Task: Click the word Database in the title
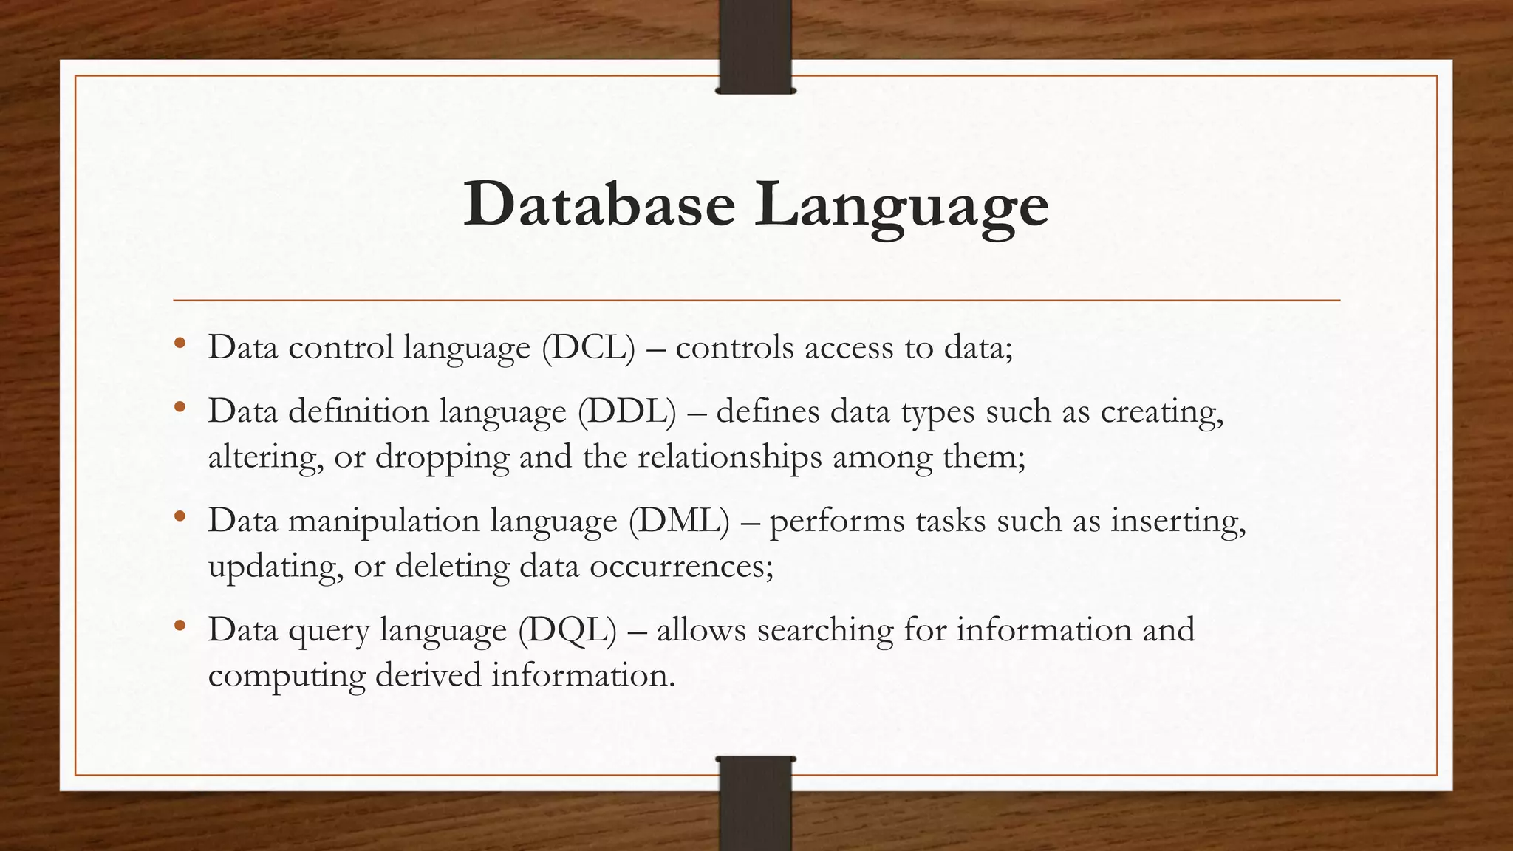pyautogui.click(x=599, y=205)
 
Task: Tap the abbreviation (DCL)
pyautogui.click(x=588, y=347)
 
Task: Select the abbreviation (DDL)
pyautogui.click(x=626, y=411)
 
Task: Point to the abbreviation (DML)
pyautogui.click(x=679, y=520)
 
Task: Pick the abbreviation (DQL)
pyautogui.click(x=567, y=629)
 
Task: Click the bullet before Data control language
pyautogui.click(x=180, y=344)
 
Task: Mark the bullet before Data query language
pyautogui.click(x=180, y=626)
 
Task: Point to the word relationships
pyautogui.click(x=729, y=457)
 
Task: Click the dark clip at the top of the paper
pyautogui.click(x=755, y=46)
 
